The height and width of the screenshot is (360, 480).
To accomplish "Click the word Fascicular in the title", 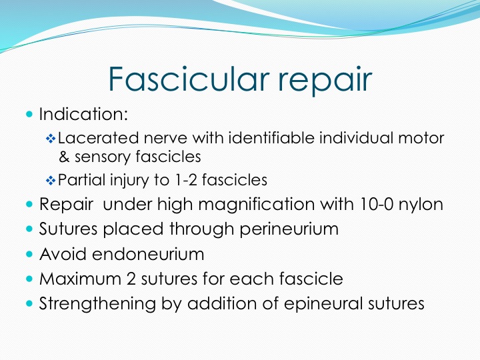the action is tap(189, 79).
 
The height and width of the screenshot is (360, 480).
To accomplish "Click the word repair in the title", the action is tap(325, 81).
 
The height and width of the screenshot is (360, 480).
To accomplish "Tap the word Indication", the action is tap(83, 114).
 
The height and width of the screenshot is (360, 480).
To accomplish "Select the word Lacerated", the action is tap(98, 138).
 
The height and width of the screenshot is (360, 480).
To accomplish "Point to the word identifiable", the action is tap(271, 138).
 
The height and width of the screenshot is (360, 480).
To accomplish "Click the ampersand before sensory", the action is tap(64, 157).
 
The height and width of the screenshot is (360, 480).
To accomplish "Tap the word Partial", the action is tap(81, 180).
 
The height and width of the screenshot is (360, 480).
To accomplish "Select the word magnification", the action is tap(257, 205).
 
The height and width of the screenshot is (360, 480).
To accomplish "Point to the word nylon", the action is tap(421, 205).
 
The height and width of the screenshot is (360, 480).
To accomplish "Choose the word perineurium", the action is tap(289, 229).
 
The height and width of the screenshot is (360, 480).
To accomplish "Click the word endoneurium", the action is tap(148, 254).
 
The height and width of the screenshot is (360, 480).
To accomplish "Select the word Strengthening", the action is tap(97, 304).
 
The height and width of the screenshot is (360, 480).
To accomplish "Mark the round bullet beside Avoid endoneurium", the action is tap(29, 254).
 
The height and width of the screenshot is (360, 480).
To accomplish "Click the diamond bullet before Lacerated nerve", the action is tap(51, 139).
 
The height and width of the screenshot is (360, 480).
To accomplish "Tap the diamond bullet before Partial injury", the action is tap(51, 181).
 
